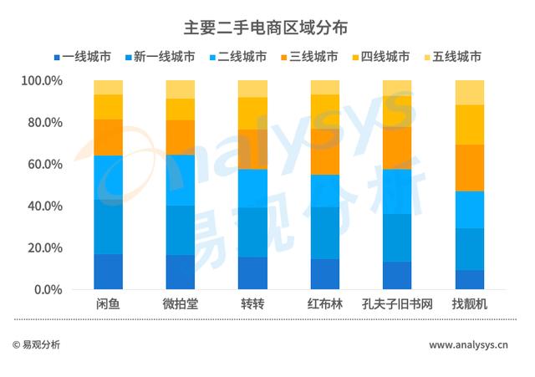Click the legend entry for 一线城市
[86, 57]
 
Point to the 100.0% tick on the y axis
[42, 81]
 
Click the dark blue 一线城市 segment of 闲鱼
[109, 272]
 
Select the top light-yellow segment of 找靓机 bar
[469, 92]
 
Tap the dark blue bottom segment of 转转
[252, 273]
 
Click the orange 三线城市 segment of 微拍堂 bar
[181, 137]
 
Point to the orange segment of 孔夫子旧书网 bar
[397, 148]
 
